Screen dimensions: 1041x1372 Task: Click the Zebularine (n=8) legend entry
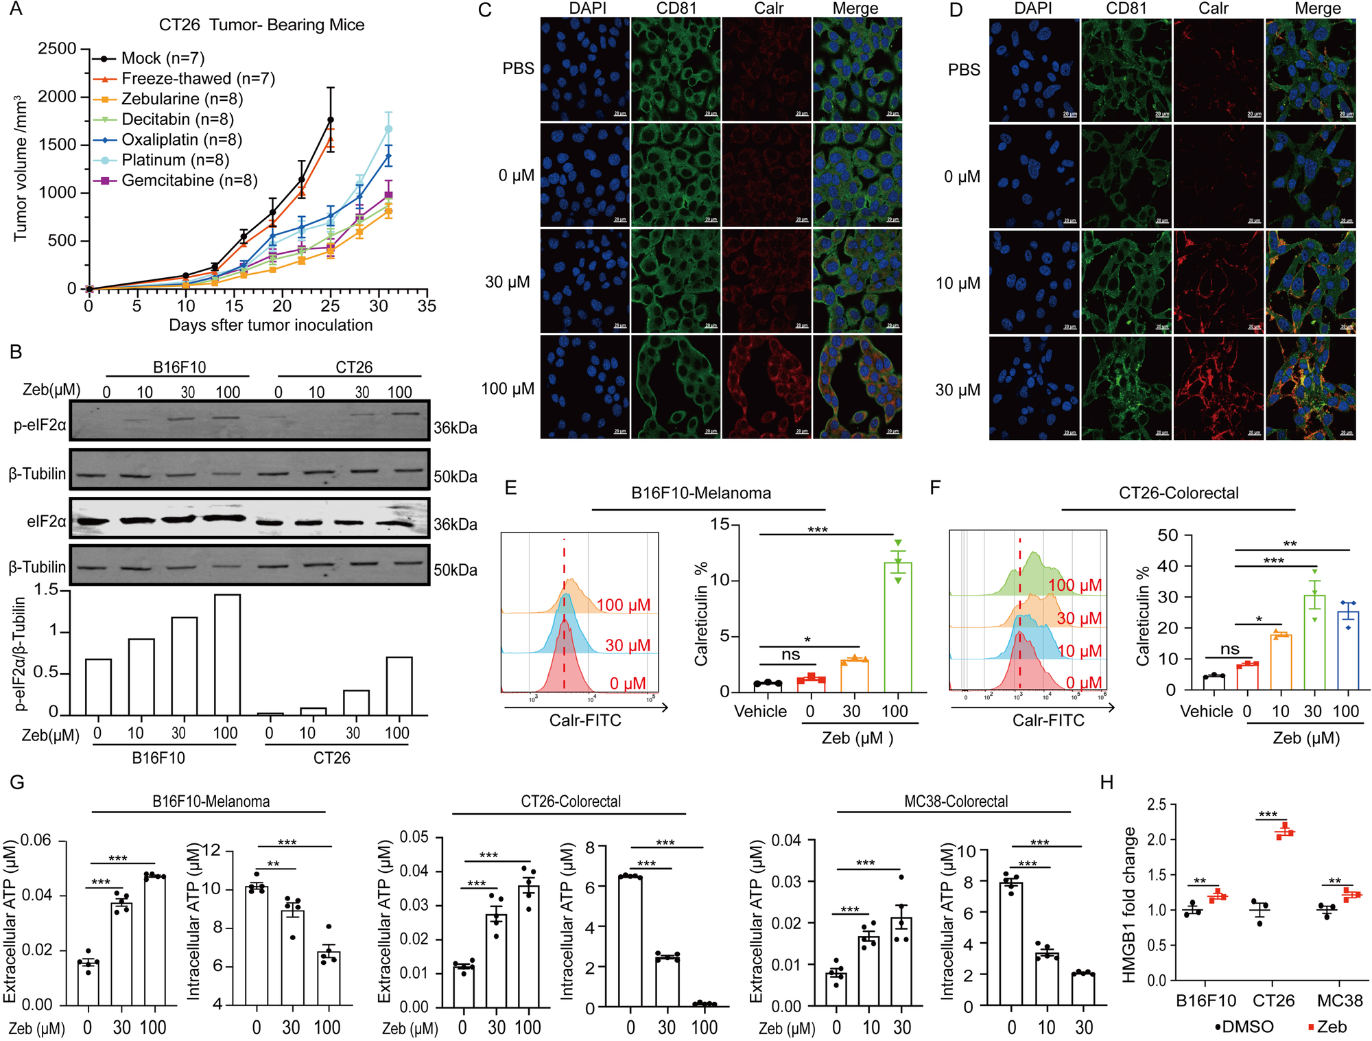pos(182,99)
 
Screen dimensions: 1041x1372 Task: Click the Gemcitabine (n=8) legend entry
pos(189,180)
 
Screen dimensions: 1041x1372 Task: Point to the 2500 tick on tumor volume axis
pos(58,49)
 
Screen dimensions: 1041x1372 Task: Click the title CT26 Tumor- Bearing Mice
pos(261,25)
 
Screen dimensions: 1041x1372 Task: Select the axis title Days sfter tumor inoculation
pos(270,325)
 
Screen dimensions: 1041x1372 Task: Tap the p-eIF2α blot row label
pos(40,425)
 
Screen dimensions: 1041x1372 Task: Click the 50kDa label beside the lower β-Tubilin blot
pos(456,570)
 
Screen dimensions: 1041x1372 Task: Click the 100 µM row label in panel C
pos(508,389)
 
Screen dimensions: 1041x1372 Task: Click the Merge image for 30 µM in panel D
pos(1310,388)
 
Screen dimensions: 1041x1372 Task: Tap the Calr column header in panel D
pos(1213,9)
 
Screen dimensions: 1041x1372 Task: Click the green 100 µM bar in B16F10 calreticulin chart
pos(898,627)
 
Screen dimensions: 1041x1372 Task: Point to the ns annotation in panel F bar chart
pos(1230,649)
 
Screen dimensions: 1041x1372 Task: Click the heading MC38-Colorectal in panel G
pos(956,802)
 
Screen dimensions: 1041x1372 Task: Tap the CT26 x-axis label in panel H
pos(1273,1001)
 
